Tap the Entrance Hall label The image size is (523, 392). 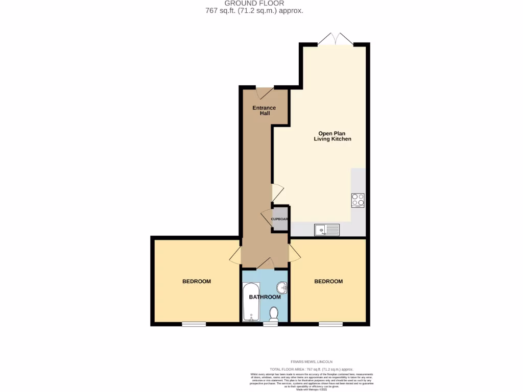tap(264, 110)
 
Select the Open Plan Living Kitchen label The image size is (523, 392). tap(332, 136)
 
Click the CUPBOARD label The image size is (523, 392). tap(280, 219)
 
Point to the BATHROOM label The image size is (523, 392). tap(265, 297)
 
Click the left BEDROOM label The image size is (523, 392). tap(197, 281)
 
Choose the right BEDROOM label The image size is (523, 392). tap(328, 281)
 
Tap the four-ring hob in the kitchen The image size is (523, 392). tap(358, 200)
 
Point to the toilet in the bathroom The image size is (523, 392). tap(274, 314)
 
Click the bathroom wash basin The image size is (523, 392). tap(282, 288)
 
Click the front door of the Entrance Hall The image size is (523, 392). tap(264, 93)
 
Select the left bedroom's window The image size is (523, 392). tap(194, 324)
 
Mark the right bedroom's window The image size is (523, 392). tap(331, 324)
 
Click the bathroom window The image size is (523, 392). tap(271, 324)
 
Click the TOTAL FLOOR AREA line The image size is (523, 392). tap(311, 369)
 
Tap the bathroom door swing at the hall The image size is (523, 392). tap(265, 264)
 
